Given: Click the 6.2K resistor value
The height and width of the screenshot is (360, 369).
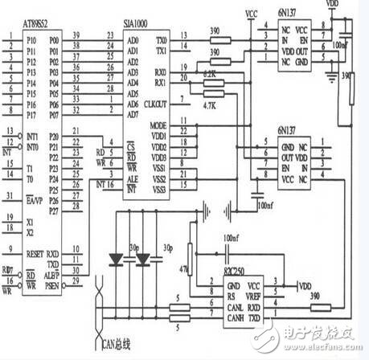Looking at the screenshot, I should [210, 73].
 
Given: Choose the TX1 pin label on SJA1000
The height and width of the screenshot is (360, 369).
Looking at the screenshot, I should [161, 49].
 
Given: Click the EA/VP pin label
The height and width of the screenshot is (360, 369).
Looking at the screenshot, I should [34, 194].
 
